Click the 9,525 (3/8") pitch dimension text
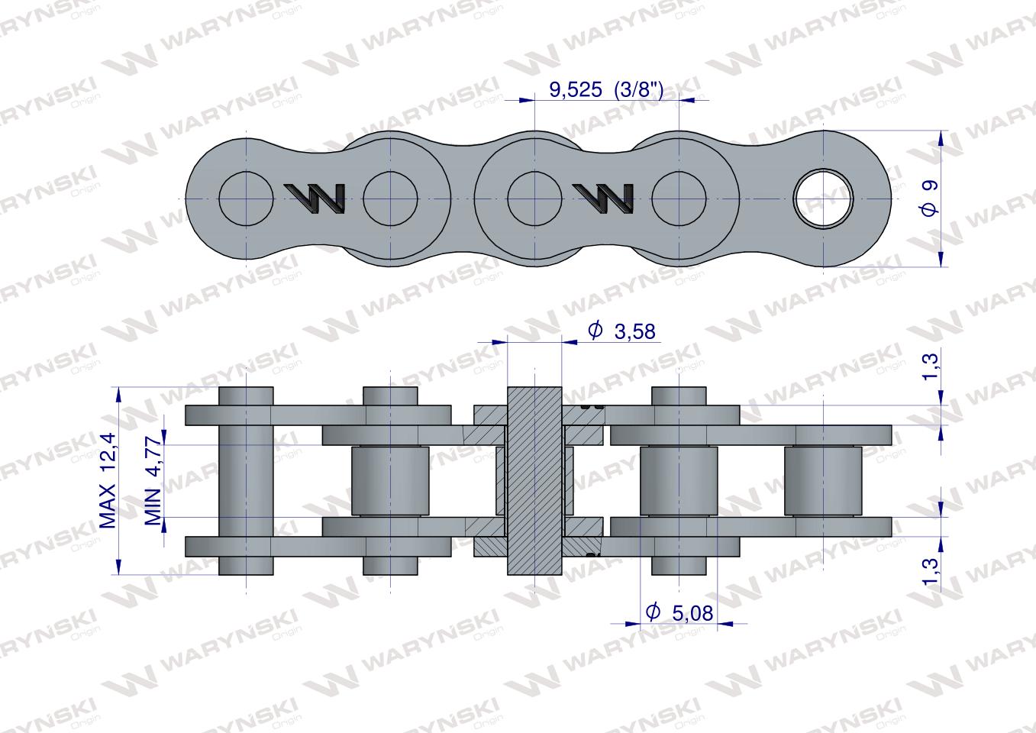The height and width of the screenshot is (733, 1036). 606,91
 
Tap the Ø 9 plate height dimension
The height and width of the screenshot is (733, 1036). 929,199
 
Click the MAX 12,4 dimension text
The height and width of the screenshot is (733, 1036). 108,480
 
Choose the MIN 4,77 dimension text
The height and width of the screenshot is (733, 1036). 153,482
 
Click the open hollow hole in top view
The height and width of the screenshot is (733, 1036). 824,199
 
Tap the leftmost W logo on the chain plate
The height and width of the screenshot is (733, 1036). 314,199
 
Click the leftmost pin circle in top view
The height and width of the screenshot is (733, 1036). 246,199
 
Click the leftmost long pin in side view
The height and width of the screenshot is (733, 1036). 246,481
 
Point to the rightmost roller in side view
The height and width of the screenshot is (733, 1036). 824,481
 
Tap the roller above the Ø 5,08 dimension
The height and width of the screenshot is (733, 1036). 679,481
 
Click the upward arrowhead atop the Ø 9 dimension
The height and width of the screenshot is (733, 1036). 940,137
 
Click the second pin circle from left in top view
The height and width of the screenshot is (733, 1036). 390,199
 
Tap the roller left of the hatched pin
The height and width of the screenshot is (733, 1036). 390,481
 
